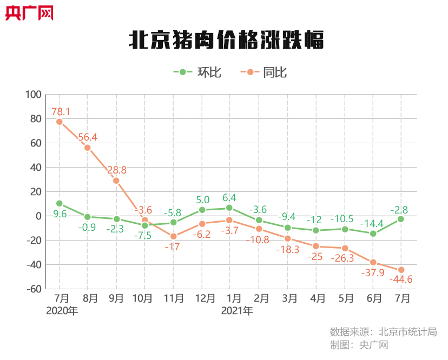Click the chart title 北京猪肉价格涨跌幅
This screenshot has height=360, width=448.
coord(226,41)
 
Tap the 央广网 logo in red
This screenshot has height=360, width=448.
coord(30,12)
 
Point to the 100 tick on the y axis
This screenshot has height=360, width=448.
coord(34,95)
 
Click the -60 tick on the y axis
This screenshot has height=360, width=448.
coord(34,289)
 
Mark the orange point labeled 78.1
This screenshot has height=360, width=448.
coord(60,122)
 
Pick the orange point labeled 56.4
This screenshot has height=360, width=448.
coord(88,148)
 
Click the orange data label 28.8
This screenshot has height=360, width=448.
coord(116,170)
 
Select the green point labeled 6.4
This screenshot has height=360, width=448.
coord(229,208)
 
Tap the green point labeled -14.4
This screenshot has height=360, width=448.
coord(373,234)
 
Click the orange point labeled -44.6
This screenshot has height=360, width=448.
coord(401,270)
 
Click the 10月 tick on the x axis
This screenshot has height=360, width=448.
coord(144,298)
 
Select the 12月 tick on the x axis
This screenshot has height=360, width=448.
coord(201,298)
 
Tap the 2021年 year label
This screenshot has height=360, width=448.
coord(237,311)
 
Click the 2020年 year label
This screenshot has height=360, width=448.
coord(62,311)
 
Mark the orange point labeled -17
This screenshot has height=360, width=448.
coord(173,236)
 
